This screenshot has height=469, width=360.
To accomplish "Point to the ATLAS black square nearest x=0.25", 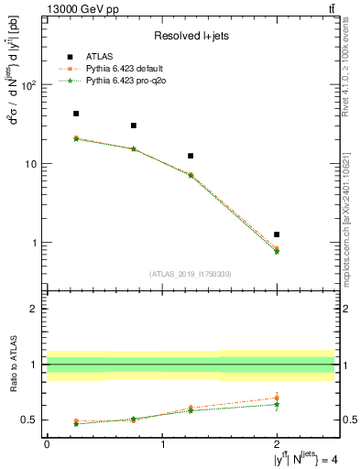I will point(76,114).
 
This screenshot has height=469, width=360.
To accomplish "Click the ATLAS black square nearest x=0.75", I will point(134,125).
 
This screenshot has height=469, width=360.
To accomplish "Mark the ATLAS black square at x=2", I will point(277,234).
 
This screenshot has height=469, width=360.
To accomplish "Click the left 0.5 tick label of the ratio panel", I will point(30,420).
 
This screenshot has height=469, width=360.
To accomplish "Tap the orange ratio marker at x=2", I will point(277,398).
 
